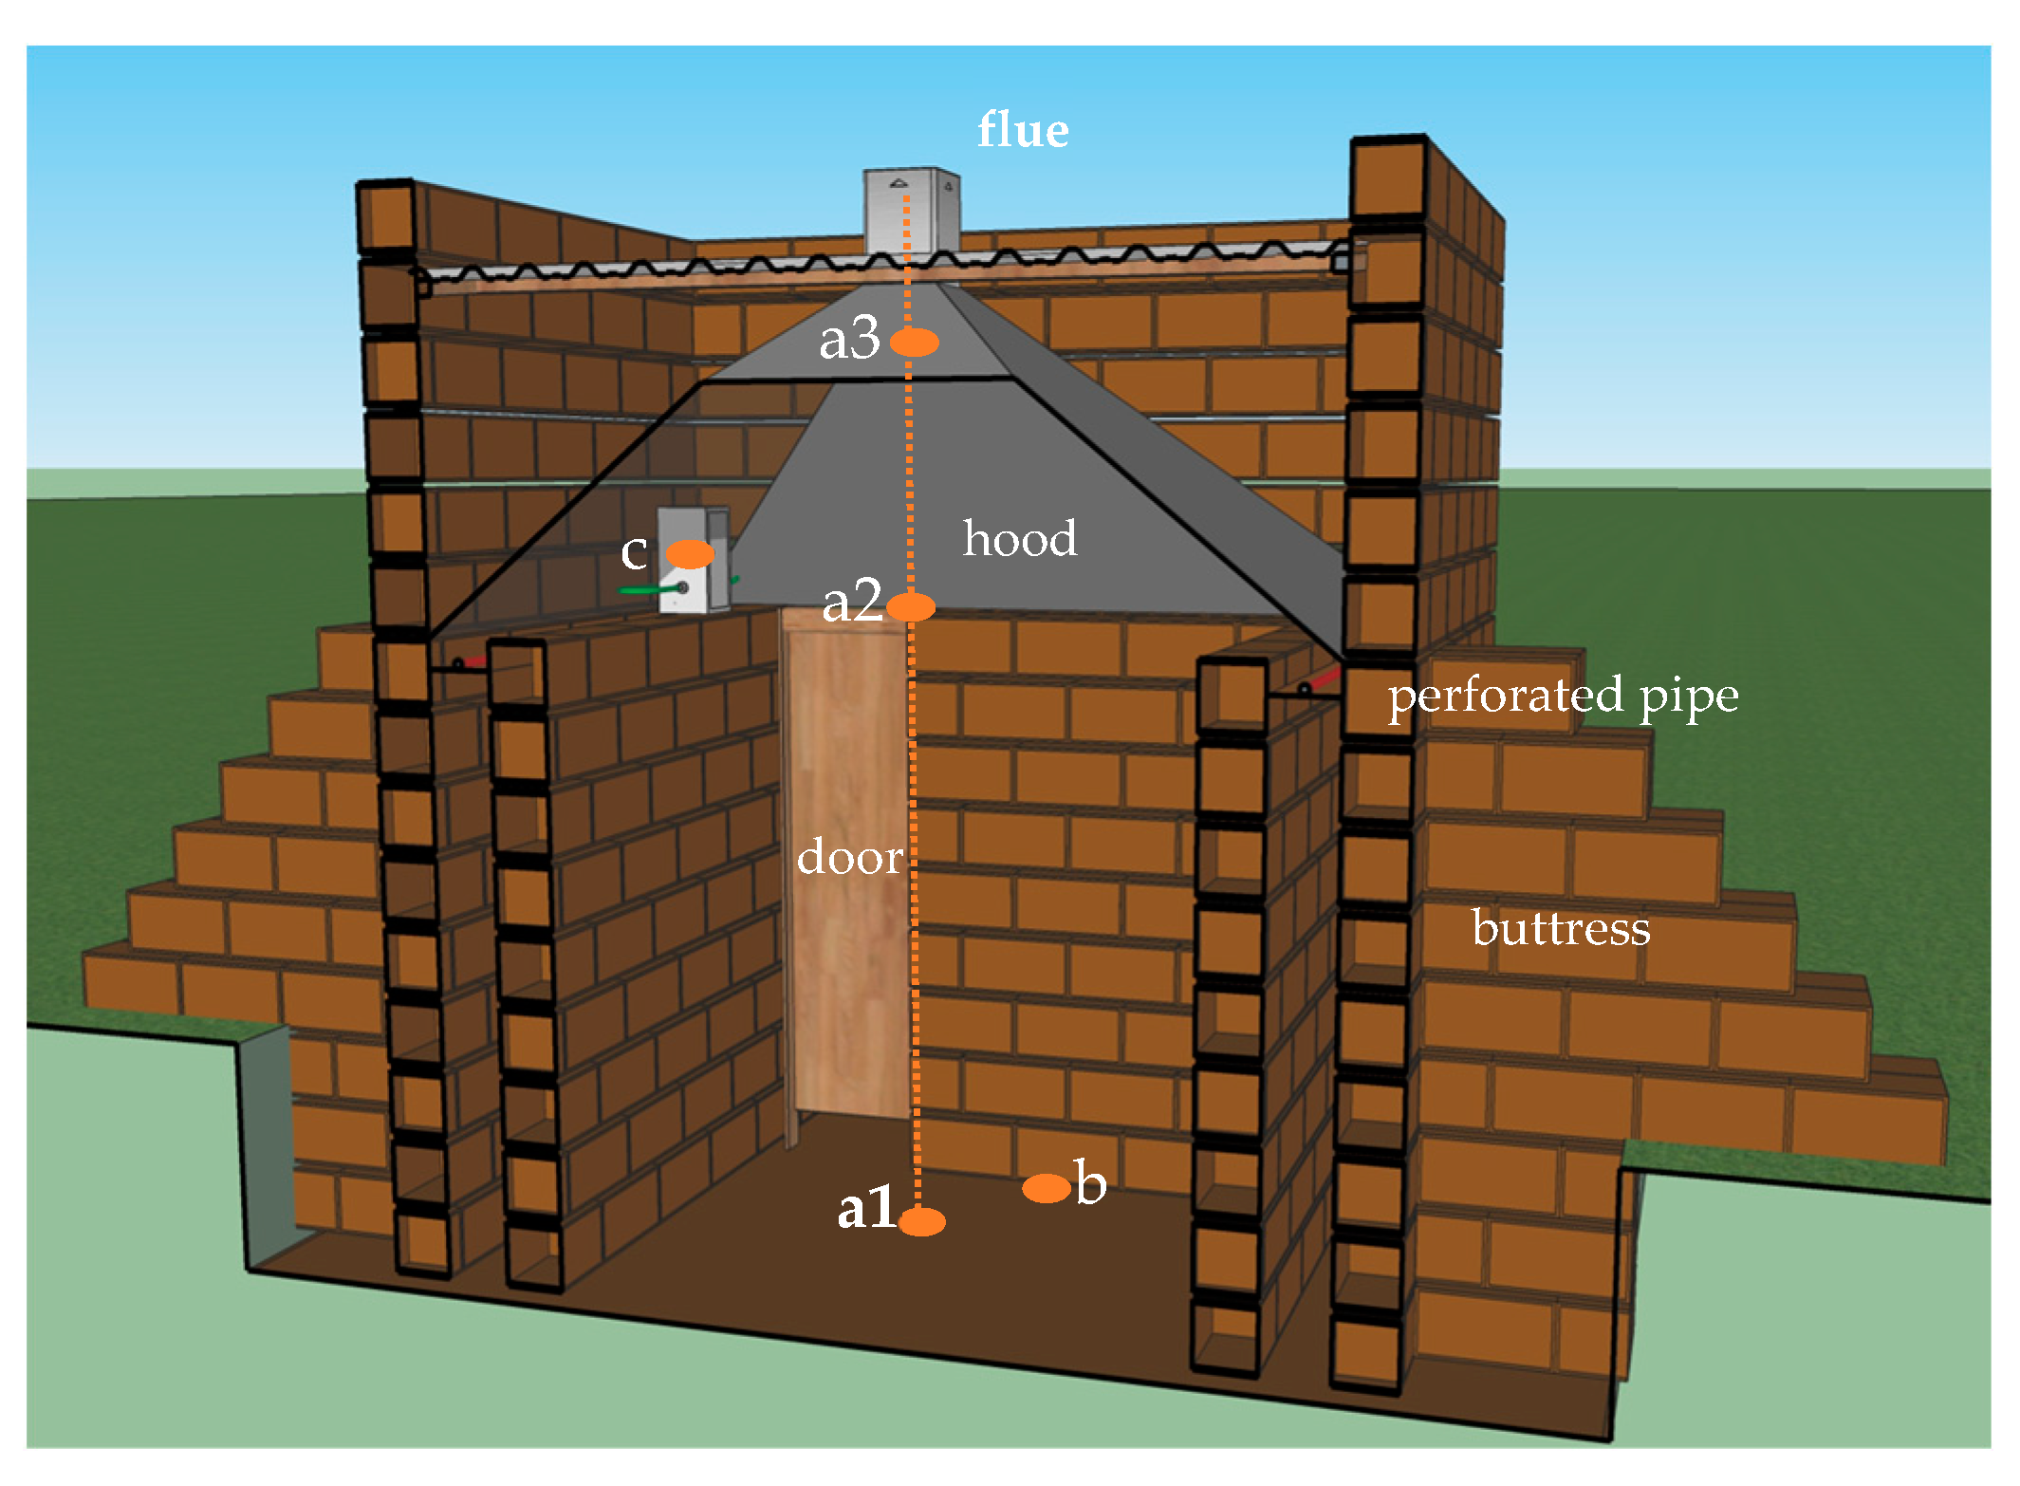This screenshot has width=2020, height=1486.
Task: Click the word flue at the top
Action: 1022,130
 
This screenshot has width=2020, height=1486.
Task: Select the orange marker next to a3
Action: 915,342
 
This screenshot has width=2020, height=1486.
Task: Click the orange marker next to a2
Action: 911,606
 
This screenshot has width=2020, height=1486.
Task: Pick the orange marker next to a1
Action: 921,1221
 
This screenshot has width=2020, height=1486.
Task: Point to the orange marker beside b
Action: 1047,1188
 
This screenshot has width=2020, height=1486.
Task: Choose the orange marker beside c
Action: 690,554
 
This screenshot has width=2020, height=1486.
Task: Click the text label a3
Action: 849,339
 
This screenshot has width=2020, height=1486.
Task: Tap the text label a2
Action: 852,602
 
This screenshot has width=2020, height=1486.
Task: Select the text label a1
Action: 865,1209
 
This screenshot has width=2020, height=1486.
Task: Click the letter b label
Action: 1091,1183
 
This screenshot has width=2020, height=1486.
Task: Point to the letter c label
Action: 634,552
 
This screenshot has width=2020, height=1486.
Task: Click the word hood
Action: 1020,539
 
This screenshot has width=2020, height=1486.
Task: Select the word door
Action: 849,858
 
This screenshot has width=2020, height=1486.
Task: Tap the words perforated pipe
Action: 1563,696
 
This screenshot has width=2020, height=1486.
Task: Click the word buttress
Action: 1561,928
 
